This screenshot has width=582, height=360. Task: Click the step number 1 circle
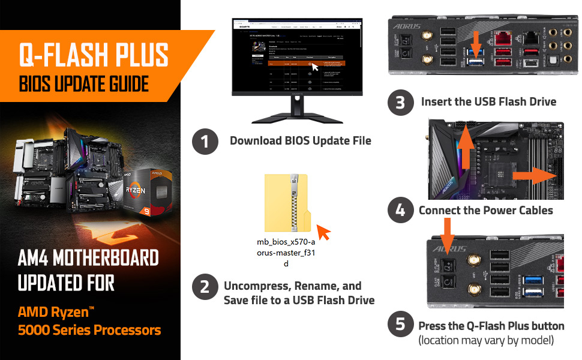[x=205, y=142]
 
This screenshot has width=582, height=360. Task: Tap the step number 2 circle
[x=205, y=287]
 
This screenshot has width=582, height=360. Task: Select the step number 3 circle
[x=400, y=102]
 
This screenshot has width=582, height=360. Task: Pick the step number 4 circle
[x=400, y=210]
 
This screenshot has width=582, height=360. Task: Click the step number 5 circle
[x=400, y=325]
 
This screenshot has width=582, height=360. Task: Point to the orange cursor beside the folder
[x=324, y=232]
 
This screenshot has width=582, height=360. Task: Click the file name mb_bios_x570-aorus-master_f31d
[x=286, y=253]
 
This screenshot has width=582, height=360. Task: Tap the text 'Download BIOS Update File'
[x=301, y=141]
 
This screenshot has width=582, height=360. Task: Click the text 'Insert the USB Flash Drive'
[x=488, y=101]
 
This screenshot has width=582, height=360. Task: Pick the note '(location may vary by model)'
[x=486, y=340]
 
